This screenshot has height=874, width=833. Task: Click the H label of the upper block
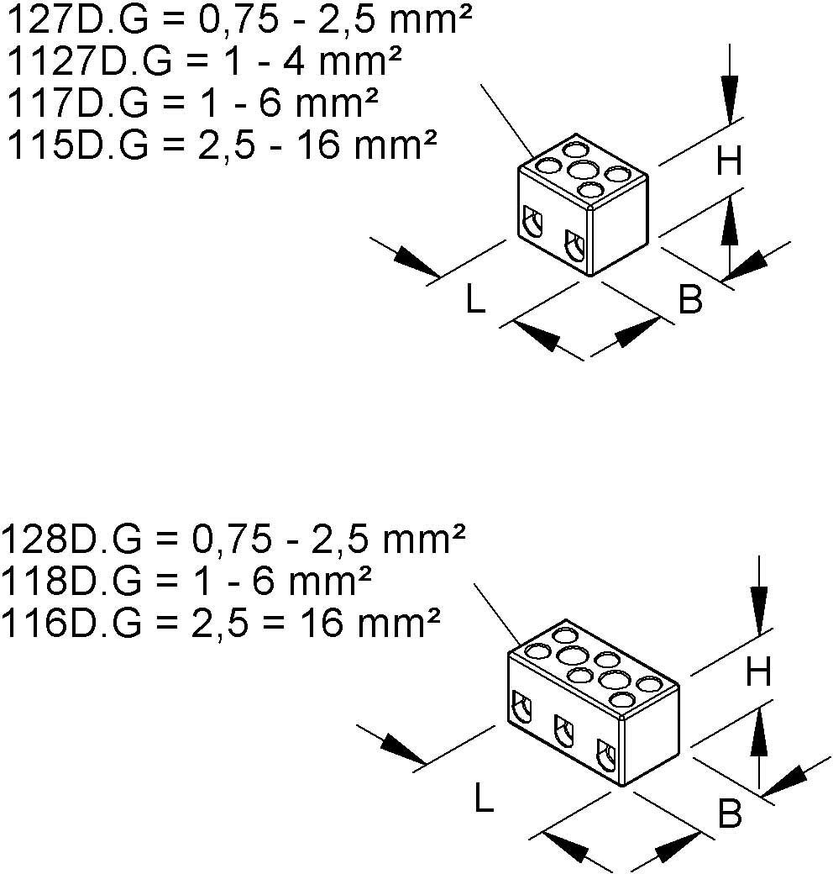point(729,161)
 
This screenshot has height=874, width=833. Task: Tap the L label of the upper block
point(475,300)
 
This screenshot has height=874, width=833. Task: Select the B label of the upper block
point(690,300)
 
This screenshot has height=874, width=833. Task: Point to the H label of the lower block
point(758,671)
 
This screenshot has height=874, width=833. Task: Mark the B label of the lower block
point(730,813)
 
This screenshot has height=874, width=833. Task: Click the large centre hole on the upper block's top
point(582,171)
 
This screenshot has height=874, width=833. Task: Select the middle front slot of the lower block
point(562,729)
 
